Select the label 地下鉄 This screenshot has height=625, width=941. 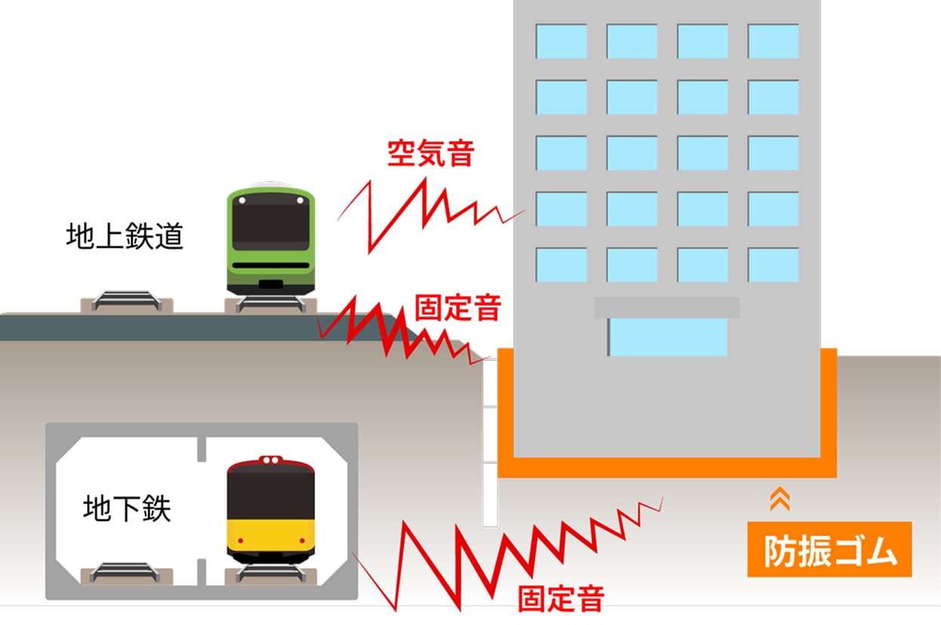[x=127, y=509]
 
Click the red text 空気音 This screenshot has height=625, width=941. [x=430, y=153]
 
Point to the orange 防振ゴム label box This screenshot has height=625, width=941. [x=829, y=550]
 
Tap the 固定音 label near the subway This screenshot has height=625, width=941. [x=560, y=598]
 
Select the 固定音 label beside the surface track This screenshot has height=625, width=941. [x=458, y=308]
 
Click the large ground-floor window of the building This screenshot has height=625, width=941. [x=668, y=337]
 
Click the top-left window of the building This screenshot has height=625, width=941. [x=561, y=42]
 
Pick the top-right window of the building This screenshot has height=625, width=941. [x=773, y=42]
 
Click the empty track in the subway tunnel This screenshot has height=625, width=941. [x=126, y=573]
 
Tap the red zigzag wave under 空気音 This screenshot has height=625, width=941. [x=423, y=211]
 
